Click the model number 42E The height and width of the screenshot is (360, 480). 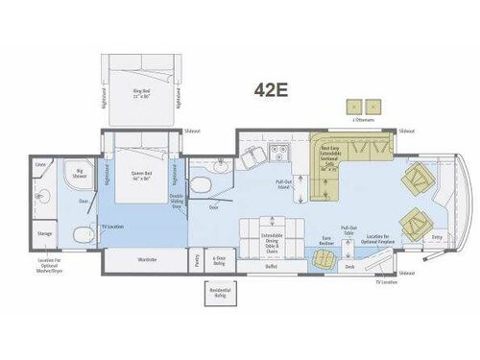[274, 90]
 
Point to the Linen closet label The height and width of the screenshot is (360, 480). [39, 165]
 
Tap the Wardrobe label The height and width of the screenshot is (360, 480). [147, 258]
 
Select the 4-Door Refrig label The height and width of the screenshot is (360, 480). [219, 258]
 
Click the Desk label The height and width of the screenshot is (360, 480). [349, 267]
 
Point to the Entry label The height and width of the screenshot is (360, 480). [437, 237]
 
